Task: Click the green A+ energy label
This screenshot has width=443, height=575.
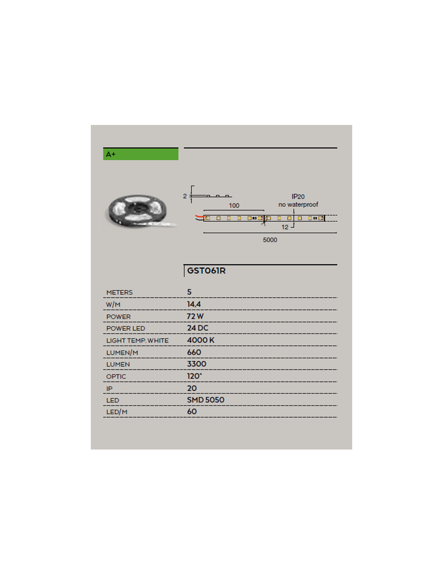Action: (141, 154)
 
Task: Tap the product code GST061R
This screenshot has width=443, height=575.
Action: (207, 270)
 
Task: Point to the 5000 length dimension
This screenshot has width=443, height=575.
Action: (270, 240)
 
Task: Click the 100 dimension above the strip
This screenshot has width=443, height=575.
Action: (234, 206)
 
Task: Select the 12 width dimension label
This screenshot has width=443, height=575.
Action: (285, 227)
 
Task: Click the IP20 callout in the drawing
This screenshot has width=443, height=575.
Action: (298, 197)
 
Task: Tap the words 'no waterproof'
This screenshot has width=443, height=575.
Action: (298, 205)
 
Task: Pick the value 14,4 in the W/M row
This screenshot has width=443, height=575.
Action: (194, 305)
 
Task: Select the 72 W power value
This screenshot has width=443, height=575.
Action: (195, 316)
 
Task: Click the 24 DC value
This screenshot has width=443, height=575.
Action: (198, 328)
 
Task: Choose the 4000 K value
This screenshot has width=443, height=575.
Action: (200, 340)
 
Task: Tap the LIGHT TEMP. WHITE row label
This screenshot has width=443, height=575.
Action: (137, 341)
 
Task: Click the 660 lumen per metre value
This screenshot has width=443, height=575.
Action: (194, 352)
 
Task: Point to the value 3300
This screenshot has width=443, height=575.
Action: (197, 364)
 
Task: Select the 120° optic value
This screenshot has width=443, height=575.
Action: (194, 376)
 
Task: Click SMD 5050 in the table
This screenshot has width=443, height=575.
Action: (205, 400)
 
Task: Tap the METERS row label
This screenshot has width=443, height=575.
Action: (120, 292)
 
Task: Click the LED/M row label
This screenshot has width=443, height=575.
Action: (117, 412)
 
